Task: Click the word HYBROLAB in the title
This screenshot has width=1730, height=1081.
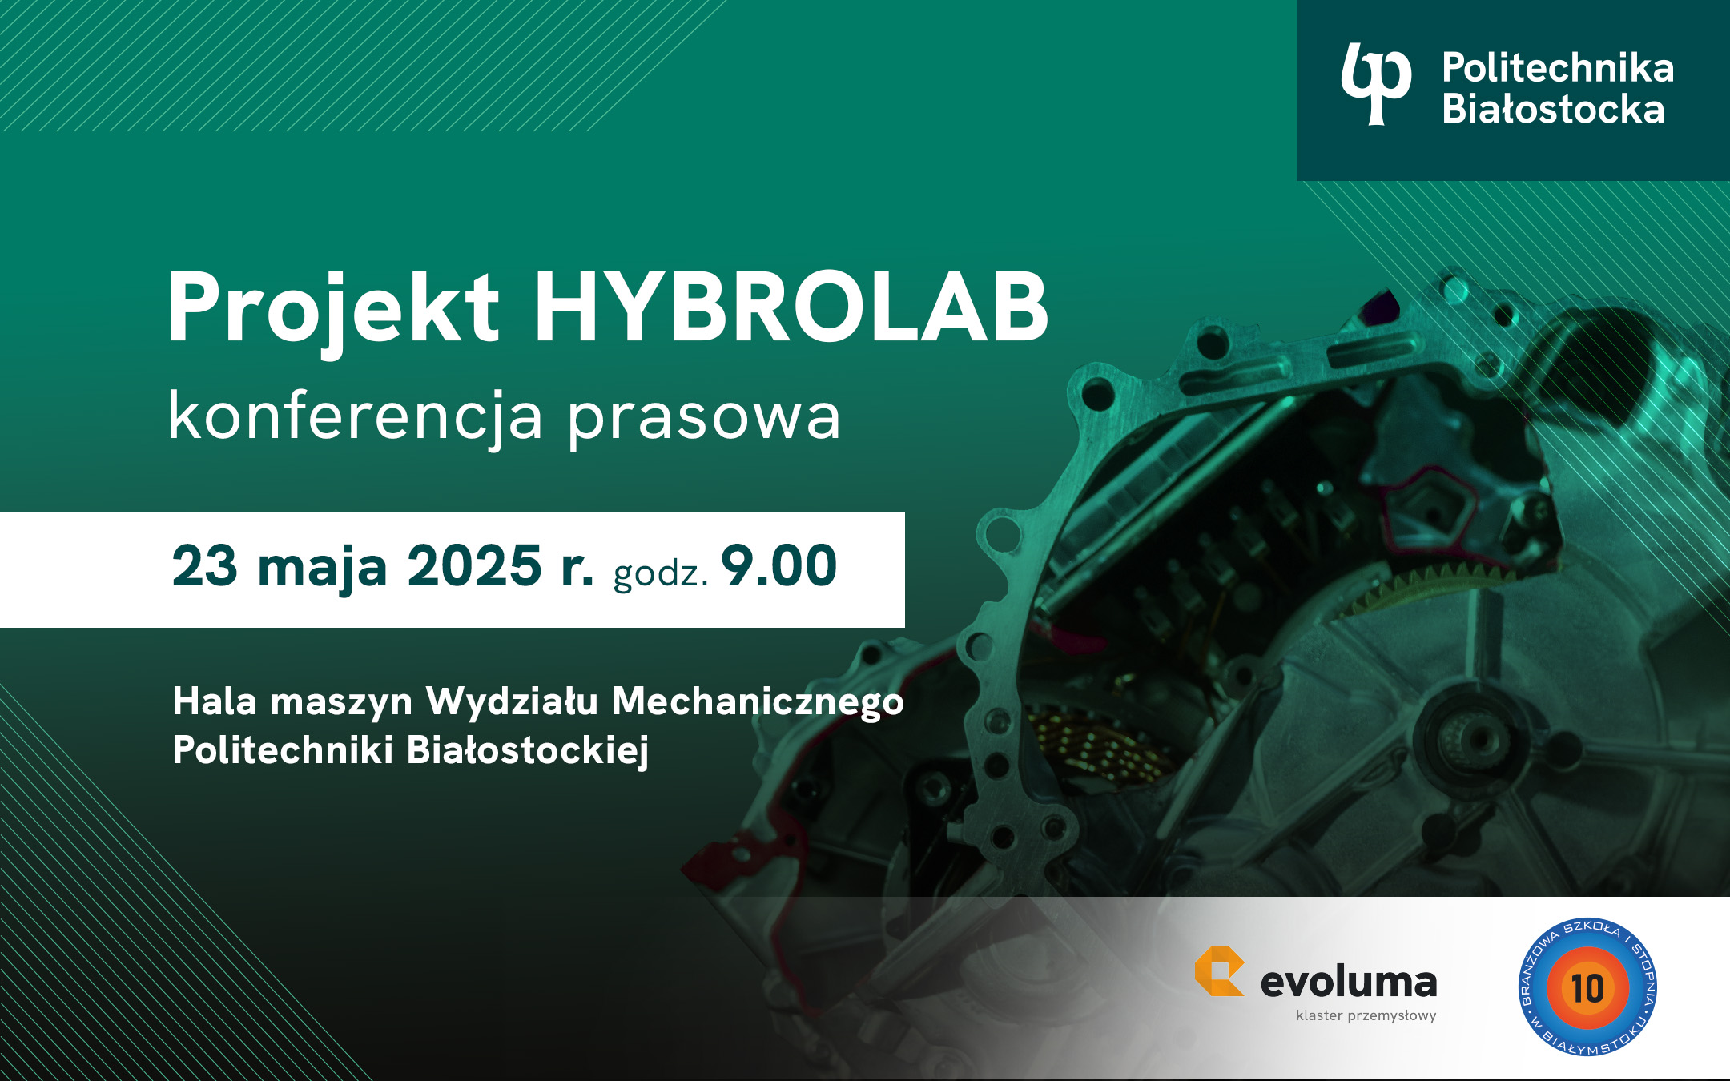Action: [791, 307]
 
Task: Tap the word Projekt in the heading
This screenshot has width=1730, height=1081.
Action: [333, 312]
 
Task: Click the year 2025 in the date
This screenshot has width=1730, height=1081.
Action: [475, 566]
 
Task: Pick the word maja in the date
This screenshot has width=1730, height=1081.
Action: [323, 569]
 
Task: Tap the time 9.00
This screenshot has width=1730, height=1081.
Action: [779, 566]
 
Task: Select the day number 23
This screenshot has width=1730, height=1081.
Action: [205, 566]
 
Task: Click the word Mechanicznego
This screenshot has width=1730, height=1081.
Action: [758, 702]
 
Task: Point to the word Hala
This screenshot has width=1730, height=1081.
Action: [215, 701]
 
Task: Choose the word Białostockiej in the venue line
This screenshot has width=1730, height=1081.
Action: [528, 751]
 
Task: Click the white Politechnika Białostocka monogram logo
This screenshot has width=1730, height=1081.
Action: [1376, 84]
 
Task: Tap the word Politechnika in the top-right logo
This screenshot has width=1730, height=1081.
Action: [1558, 68]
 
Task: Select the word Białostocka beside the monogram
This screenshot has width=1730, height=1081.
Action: [1553, 109]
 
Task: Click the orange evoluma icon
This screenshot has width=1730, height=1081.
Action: [1219, 971]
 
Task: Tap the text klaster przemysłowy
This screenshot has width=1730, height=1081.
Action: [1366, 1015]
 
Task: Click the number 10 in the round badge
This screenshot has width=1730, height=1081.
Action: [1587, 988]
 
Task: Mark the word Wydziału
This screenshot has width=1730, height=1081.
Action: [513, 701]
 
